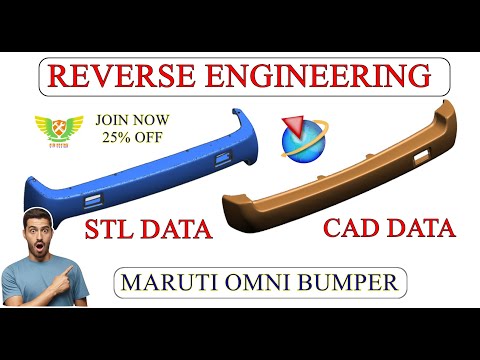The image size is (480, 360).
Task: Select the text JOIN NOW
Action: tap(132, 118)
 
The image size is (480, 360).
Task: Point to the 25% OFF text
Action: tap(132, 136)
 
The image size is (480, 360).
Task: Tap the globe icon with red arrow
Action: tap(299, 137)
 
